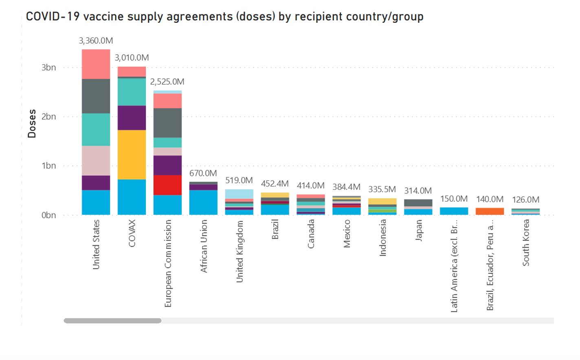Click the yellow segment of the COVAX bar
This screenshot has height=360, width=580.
point(132,155)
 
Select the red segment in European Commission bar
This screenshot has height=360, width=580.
point(167,185)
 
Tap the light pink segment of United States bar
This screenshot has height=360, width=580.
point(96,160)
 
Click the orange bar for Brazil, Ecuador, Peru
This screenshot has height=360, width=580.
point(490,211)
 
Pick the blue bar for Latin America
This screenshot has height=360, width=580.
point(454,211)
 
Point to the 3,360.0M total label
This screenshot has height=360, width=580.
point(96,41)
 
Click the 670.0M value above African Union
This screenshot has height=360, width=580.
point(203,173)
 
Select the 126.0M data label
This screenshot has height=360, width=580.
point(525,200)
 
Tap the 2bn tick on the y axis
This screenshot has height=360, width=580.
point(48,116)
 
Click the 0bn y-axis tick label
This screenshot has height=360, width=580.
point(48,215)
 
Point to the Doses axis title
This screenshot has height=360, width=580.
point(32,123)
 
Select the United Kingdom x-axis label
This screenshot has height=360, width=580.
point(239,251)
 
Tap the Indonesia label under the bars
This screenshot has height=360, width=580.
point(382,238)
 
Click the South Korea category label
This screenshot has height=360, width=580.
point(526,243)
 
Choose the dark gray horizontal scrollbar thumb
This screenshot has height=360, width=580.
point(112,321)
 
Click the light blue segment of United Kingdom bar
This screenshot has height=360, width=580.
point(239,194)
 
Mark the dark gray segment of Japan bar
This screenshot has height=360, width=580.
point(418,203)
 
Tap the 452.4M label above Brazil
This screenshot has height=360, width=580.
point(275,184)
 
